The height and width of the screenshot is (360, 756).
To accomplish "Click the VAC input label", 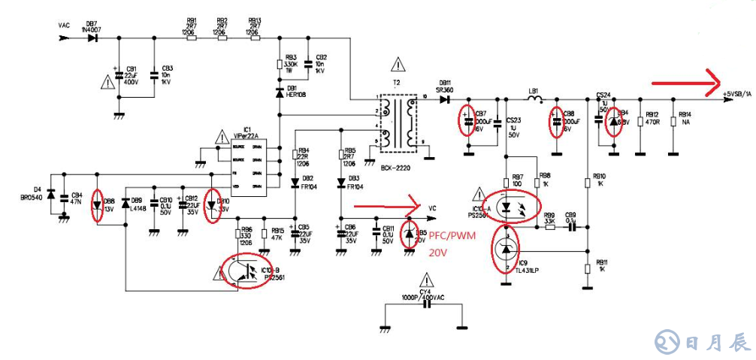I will [x=64, y=26].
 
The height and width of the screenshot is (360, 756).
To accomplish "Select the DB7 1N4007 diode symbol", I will [x=92, y=37].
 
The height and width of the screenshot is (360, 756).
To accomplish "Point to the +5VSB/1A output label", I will [x=736, y=93].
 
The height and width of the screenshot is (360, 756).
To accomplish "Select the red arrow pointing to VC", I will [x=388, y=204].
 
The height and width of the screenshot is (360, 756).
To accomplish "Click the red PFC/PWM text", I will [x=452, y=236].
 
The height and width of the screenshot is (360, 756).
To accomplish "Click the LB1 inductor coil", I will [x=534, y=98].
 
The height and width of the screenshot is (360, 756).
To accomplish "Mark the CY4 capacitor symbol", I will [x=426, y=308].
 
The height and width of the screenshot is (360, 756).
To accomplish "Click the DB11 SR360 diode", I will [x=445, y=98].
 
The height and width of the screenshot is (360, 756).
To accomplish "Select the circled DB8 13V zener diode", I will [x=96, y=204].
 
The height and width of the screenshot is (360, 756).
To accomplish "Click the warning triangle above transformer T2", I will [x=397, y=66].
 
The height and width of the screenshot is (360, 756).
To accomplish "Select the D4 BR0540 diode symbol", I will [x=50, y=195].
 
